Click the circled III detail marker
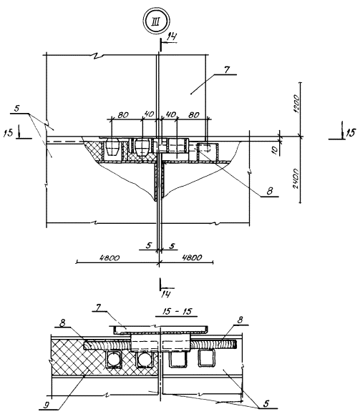point(156,21)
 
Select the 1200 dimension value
point(296,104)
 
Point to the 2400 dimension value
point(296,179)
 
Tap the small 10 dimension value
point(275,150)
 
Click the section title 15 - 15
point(177,311)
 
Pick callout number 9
point(47,404)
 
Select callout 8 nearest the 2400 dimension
point(270,191)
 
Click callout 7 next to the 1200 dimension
point(226,70)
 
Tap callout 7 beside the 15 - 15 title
point(98,307)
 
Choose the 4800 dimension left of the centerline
point(110,257)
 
